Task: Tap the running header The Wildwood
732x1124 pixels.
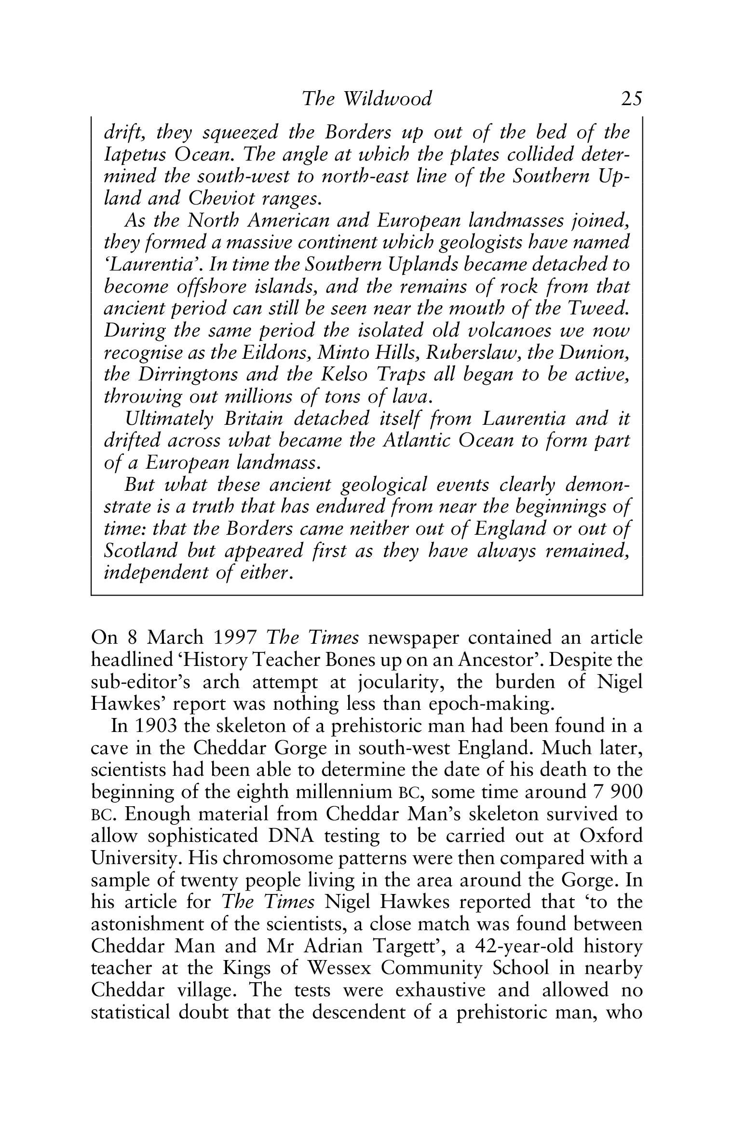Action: coord(366,98)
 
